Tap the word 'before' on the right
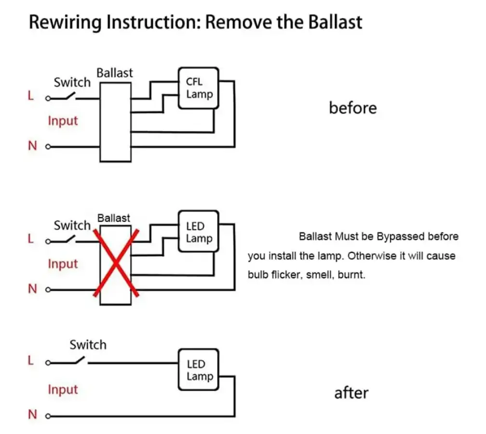click(x=352, y=108)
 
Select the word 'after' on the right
click(x=351, y=393)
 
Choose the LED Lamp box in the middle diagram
click(x=199, y=231)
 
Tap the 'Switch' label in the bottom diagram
click(x=88, y=345)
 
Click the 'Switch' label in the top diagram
click(x=72, y=82)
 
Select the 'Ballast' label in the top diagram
click(x=115, y=73)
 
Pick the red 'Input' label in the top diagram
click(x=63, y=121)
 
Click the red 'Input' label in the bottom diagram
click(x=63, y=389)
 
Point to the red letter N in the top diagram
click(x=32, y=146)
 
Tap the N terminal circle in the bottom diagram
click(x=48, y=416)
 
